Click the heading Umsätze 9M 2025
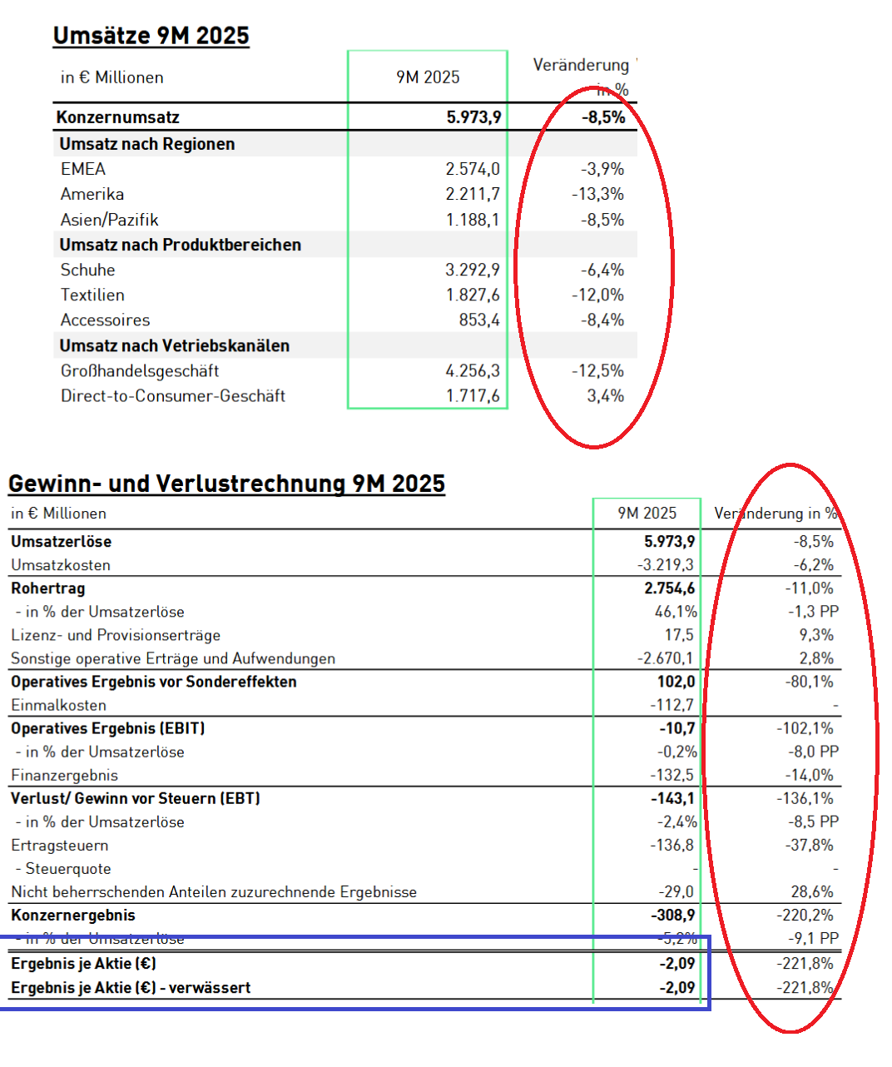pos(151,36)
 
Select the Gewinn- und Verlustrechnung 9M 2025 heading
pos(226,484)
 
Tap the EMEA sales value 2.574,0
pos(473,169)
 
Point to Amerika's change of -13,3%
pos(597,194)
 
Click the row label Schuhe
pos(87,270)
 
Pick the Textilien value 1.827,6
pos(473,295)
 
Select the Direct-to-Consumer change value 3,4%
pos(605,395)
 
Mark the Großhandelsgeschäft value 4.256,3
pos(473,370)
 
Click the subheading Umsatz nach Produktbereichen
pos(180,245)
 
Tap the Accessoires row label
pos(105,320)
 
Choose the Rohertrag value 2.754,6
pos(669,588)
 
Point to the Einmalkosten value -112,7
pos(671,705)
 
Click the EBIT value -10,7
pos(676,728)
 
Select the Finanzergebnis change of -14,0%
pos(809,775)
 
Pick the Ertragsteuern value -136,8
pos(671,845)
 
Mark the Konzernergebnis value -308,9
pos(672,915)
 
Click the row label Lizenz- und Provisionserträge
pos(116,635)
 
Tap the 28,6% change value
pos(812,891)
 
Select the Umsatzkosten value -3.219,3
pos(665,565)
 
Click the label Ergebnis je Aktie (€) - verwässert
pos(131,988)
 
